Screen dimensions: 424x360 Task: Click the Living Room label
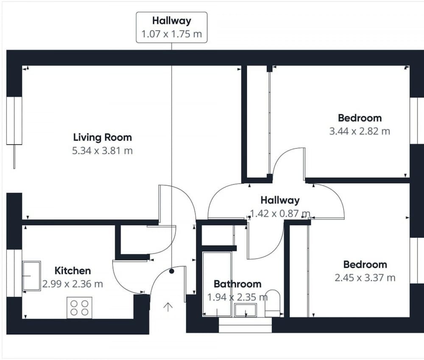point(103,137)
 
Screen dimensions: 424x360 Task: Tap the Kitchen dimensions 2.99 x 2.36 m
point(73,284)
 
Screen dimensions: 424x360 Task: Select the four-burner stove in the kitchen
point(79,307)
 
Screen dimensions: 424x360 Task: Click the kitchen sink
point(31,276)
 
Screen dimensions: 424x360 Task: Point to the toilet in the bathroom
point(272,303)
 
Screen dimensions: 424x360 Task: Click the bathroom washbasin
point(245,310)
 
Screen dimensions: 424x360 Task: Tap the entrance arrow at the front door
point(168,307)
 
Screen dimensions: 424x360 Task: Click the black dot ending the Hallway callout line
point(172,271)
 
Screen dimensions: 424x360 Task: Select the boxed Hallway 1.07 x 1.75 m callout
point(172,27)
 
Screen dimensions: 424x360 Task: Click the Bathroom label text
point(237,284)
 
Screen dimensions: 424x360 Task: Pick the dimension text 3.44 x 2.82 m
point(360,131)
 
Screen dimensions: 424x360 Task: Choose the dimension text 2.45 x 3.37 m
point(365,278)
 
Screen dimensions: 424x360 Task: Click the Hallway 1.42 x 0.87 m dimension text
point(280,213)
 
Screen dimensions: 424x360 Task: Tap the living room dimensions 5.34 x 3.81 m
point(103,151)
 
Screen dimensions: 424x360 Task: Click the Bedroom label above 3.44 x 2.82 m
point(360,118)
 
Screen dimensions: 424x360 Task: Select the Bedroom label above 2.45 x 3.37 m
point(365,264)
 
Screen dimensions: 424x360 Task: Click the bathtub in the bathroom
point(217,284)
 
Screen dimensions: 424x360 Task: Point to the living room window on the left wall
point(14,120)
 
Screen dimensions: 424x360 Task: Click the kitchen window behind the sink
point(14,273)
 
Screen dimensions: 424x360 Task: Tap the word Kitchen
point(73,271)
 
